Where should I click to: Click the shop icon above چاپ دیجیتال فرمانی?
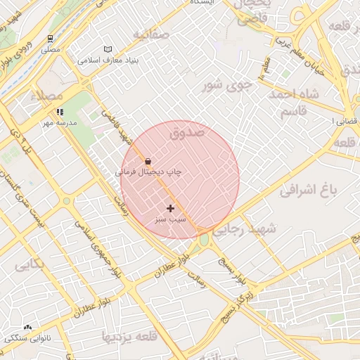148,161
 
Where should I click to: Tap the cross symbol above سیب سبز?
170,208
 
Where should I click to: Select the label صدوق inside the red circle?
187,131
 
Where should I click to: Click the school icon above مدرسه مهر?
60,112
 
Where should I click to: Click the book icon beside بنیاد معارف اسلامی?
107,49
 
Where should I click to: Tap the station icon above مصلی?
50,39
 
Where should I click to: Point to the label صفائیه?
150,34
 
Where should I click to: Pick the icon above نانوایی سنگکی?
27,328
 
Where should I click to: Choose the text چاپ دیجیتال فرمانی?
148,172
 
